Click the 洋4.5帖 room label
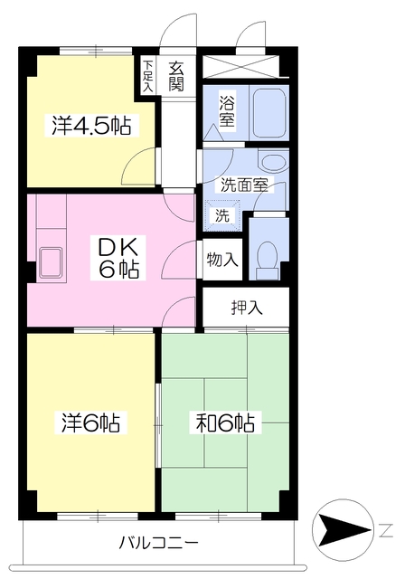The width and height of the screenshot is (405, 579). coord(90,126)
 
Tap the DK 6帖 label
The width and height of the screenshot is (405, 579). coord(118,256)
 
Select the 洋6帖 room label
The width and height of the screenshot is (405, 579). coord(90,422)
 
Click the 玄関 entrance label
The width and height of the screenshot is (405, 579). coord(175,76)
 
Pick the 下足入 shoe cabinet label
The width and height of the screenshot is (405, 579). coord(148,76)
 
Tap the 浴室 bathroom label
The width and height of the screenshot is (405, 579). coord(226,109)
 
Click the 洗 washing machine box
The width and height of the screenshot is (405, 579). coord(221,215)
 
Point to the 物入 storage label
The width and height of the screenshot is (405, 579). coord(222,261)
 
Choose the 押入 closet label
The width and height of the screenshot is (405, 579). coord(246,308)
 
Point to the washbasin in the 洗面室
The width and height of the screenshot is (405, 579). coord(270,162)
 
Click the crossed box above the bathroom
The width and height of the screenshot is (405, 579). coord(244,68)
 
